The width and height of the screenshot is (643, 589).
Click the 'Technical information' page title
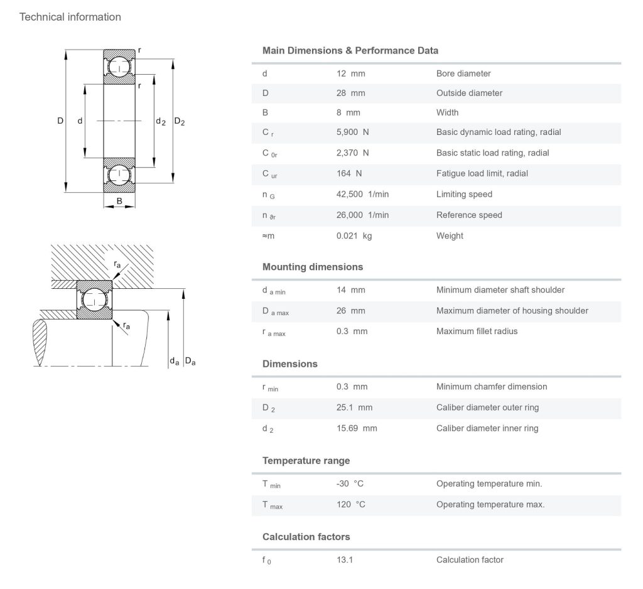[x=70, y=17]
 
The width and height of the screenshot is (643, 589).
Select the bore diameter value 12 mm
[x=350, y=73]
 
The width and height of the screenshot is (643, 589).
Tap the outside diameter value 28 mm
[x=350, y=93]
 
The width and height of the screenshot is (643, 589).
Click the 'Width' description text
[x=447, y=112]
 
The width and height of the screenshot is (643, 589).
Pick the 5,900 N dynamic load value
[x=352, y=132]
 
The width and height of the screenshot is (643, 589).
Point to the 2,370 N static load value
[x=352, y=153]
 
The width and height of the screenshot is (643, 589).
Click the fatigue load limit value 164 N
[x=349, y=173]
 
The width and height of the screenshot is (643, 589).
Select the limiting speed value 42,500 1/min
[x=362, y=194]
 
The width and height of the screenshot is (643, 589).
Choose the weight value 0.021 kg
[x=354, y=235]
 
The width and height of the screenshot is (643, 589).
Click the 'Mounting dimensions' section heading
[x=313, y=267]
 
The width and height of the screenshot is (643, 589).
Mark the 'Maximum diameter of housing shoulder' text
[x=512, y=310]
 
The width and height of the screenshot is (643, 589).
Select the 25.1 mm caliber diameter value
[x=354, y=407]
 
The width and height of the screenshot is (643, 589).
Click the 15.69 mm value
[x=357, y=428]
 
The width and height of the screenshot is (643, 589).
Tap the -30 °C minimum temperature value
[x=350, y=484]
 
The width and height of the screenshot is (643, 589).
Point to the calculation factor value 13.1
[x=345, y=559]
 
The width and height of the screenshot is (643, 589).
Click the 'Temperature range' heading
[x=306, y=461]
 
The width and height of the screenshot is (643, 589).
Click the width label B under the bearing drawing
[x=119, y=202]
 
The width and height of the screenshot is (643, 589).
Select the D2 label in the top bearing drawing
[x=180, y=121]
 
